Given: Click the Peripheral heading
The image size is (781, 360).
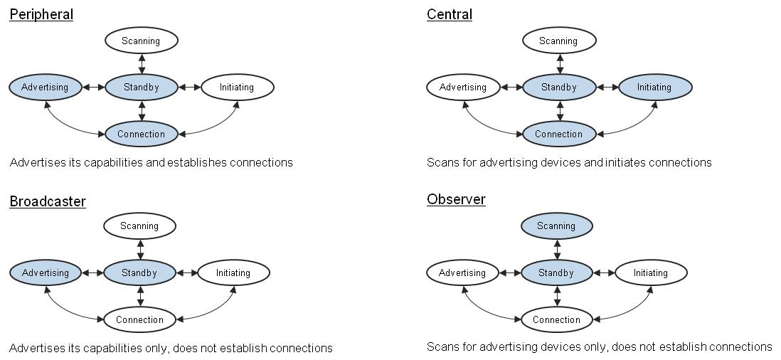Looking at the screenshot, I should point(41,14).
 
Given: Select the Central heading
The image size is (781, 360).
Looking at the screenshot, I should point(450,14).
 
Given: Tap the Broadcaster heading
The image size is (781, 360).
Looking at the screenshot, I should point(48,201).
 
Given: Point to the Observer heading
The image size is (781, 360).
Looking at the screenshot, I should point(456,199).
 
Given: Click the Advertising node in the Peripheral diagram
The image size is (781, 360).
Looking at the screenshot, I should point(45,88).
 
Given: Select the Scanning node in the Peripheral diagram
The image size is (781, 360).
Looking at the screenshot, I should point(141,41).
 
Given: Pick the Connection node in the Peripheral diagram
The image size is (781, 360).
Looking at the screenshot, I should point(141,134).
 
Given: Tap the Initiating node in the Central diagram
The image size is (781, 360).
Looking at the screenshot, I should point(654,88).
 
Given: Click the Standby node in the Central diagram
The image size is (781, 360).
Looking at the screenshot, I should point(558,88).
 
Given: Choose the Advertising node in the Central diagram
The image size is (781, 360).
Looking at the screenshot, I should point(462,88).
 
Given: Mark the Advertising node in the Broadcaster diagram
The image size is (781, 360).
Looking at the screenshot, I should point(45,272).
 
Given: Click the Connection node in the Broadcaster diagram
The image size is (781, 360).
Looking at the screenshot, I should point(139,319).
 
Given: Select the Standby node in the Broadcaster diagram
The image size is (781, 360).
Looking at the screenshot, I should point(139,272).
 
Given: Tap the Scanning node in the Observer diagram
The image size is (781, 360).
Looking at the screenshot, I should point(556,226).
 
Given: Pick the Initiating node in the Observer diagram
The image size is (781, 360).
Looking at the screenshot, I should point(651,272).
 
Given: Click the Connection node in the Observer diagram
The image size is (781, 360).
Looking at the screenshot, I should point(556,319).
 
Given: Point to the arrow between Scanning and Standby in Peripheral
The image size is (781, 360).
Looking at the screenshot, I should point(142,63).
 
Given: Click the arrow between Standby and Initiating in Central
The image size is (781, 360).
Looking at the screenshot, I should point(606,88).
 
